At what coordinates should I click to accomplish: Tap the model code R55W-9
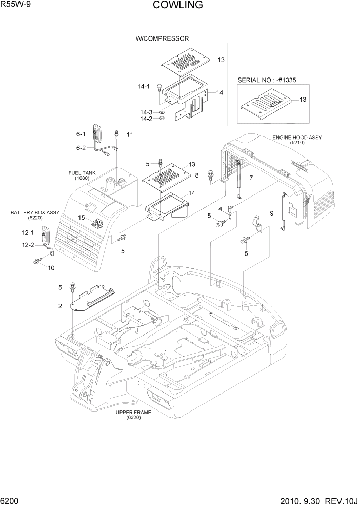(x=16, y=5)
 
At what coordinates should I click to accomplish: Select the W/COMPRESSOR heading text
(x=162, y=38)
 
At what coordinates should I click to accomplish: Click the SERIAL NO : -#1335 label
(x=267, y=80)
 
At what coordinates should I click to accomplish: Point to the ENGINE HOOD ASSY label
(x=296, y=138)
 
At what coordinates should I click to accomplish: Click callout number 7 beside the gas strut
(x=251, y=178)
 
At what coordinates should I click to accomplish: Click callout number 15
(x=81, y=218)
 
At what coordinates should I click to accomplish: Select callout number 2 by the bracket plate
(x=60, y=306)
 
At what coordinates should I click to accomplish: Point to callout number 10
(x=51, y=267)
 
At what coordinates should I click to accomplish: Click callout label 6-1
(x=81, y=134)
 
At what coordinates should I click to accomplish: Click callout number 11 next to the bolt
(x=129, y=135)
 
